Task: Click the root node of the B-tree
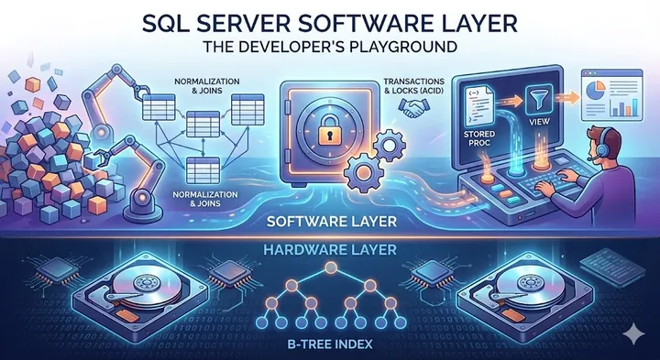331,273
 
